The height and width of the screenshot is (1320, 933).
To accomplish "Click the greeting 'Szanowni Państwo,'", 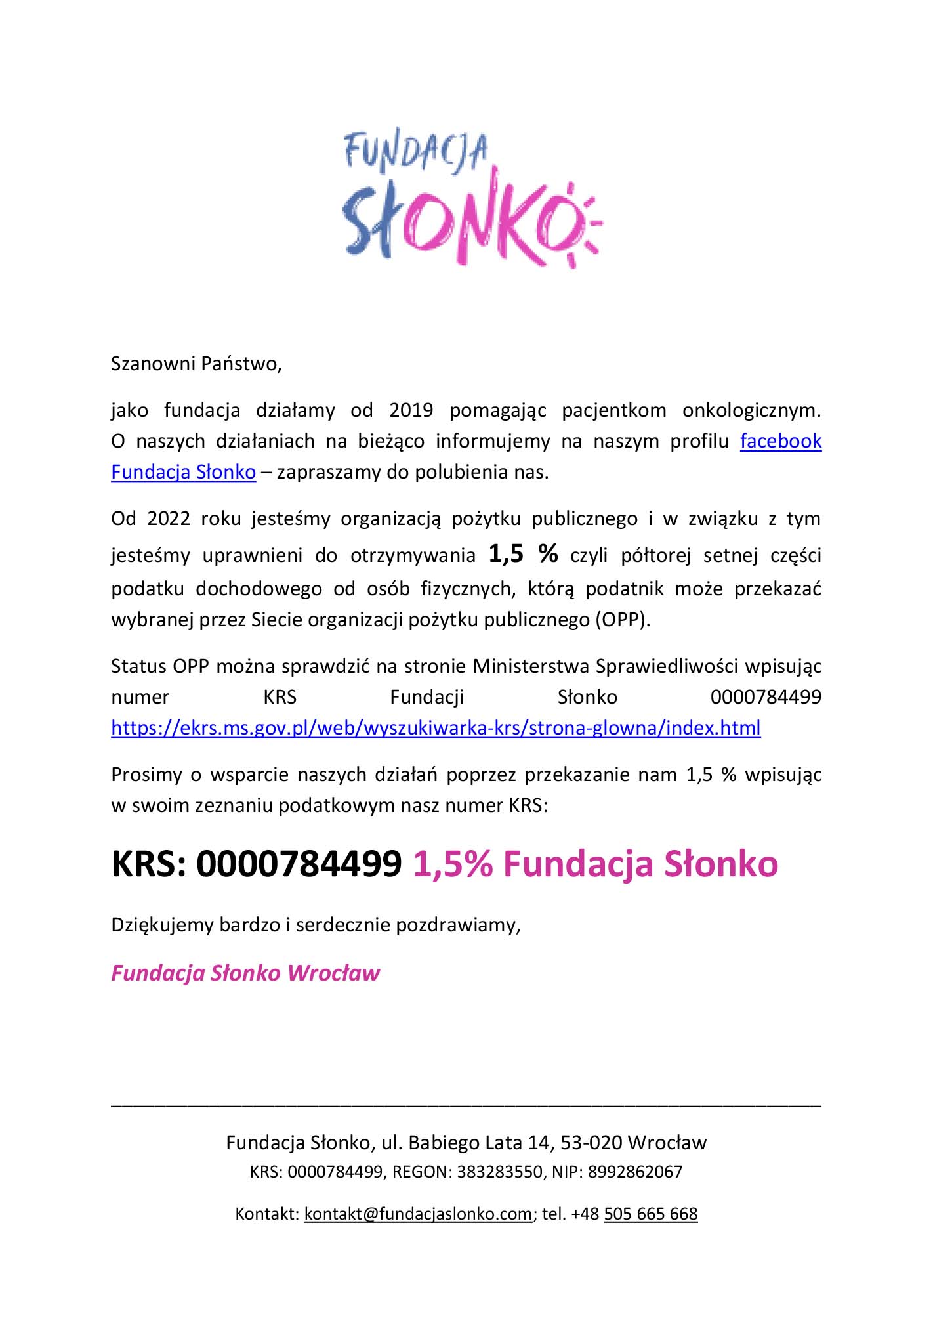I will tap(196, 364).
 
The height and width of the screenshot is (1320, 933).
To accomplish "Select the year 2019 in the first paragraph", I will tap(411, 410).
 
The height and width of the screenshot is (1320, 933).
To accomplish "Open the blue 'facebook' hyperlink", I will tap(780, 441).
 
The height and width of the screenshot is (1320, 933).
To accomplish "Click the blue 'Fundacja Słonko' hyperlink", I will tap(183, 472).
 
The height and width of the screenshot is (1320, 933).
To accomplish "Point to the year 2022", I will tap(169, 519).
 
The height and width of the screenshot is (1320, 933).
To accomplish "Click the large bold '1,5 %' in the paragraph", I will tap(523, 554).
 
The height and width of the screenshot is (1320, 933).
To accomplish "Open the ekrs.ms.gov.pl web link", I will tap(436, 728).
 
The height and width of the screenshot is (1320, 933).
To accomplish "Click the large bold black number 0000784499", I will tap(299, 863).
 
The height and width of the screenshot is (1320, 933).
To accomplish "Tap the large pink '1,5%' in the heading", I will tap(452, 863).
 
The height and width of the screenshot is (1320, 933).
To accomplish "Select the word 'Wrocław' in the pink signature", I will tap(333, 973).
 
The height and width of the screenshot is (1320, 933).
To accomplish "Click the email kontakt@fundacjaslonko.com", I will tap(418, 1214).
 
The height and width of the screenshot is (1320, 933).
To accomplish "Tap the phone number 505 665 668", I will tap(650, 1214).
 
